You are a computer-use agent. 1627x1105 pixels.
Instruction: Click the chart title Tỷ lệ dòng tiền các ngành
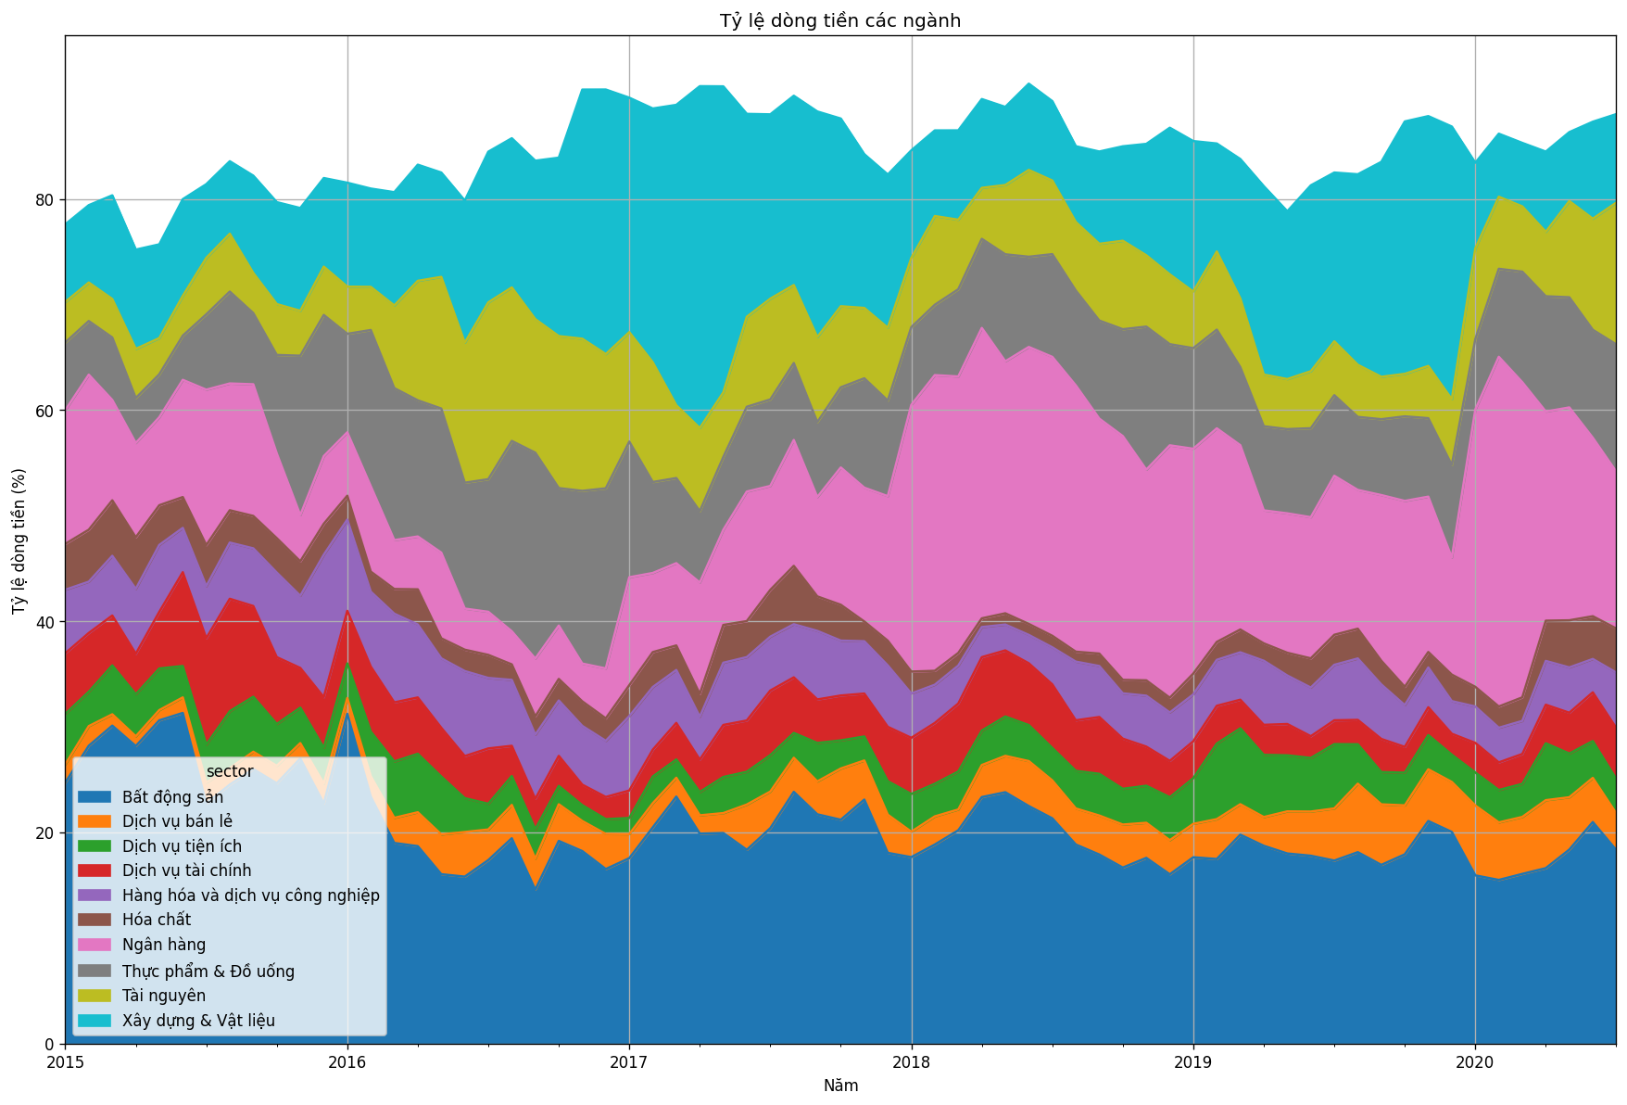839,20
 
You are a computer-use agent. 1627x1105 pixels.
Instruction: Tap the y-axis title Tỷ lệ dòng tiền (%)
19,540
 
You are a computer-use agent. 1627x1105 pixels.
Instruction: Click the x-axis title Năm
840,1086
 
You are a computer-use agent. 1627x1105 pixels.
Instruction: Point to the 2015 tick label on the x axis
65,1061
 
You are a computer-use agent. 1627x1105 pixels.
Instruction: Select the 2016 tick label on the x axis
347,1061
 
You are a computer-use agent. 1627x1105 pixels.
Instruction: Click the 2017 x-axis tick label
629,1061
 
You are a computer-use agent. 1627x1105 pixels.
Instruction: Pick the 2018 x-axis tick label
912,1061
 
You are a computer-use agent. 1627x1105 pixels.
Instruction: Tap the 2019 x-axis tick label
1193,1061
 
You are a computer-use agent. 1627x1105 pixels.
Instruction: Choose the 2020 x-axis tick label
1475,1061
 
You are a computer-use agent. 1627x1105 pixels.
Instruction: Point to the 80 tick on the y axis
44,199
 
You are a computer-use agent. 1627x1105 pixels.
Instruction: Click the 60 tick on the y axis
44,410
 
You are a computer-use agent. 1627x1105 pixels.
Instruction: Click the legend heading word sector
230,771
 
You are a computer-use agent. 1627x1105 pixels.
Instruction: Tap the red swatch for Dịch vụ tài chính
95,870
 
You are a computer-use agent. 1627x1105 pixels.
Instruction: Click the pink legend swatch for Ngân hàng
95,945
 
